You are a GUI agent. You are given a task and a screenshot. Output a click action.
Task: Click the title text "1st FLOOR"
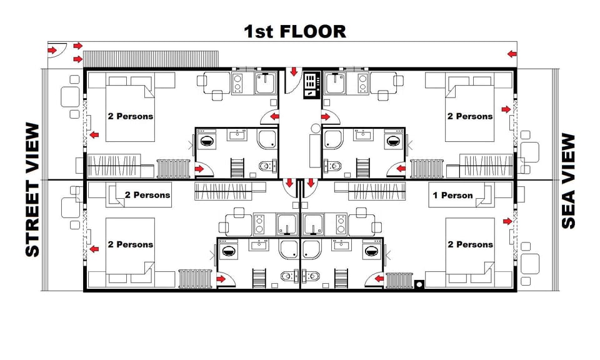click(x=294, y=31)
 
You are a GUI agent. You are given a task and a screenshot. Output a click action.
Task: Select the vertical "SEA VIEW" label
click(x=567, y=181)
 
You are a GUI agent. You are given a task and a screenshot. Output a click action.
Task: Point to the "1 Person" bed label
click(x=452, y=195)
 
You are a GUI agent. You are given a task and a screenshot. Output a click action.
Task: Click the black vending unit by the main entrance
click(x=311, y=86)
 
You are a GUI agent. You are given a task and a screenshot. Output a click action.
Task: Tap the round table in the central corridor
click(x=316, y=129)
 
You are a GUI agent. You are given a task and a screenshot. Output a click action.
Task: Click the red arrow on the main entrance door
click(x=293, y=72)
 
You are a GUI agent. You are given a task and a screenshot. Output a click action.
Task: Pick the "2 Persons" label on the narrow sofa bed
click(x=147, y=195)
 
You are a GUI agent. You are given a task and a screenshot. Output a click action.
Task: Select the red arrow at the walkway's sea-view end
click(x=512, y=54)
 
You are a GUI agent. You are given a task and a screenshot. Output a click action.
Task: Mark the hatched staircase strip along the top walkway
click(x=150, y=57)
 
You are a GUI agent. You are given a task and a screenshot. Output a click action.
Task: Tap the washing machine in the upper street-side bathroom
click(x=206, y=141)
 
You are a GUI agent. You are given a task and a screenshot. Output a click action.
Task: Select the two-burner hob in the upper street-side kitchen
click(x=237, y=82)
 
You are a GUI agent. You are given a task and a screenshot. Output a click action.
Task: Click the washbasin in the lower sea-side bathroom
click(x=341, y=244)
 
